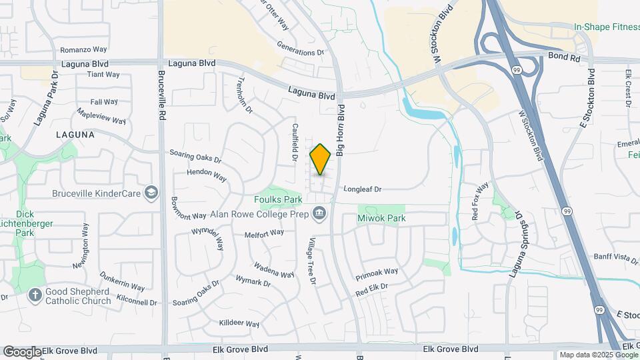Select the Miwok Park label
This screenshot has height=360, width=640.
381,219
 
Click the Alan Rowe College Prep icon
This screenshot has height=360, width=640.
319,213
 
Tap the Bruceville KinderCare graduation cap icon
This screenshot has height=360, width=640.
151,193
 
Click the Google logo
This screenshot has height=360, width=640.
22,352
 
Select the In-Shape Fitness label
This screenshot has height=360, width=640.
605,27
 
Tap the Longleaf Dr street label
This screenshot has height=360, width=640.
362,189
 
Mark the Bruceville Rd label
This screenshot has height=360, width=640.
162,96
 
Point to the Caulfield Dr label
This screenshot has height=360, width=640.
293,141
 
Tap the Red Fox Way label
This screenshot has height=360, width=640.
481,201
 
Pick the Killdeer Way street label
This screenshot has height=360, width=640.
239,323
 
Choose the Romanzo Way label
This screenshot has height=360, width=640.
83,50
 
